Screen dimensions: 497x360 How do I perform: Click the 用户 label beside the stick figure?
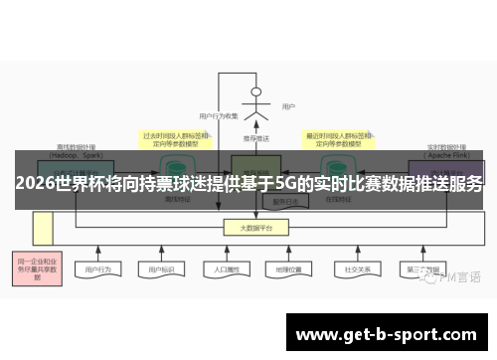(x=288, y=106)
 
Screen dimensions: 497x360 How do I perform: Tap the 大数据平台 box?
(x=256, y=228)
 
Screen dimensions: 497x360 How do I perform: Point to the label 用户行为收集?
(x=219, y=115)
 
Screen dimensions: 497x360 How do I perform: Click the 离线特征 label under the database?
(x=175, y=200)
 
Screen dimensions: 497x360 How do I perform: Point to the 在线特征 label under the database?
(x=335, y=200)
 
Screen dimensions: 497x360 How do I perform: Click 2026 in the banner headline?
(x=34, y=184)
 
